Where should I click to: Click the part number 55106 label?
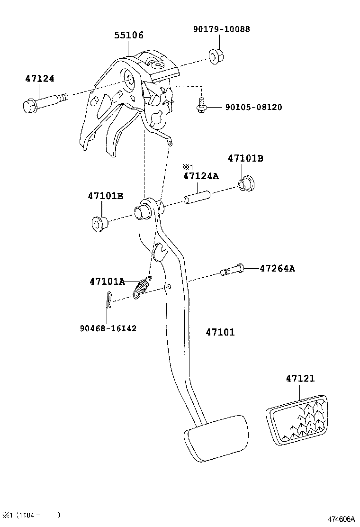click(128, 36)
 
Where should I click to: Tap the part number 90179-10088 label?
click(221, 29)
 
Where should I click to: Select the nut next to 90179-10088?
click(216, 56)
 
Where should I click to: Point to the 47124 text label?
click(40, 79)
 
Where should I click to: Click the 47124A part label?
click(201, 176)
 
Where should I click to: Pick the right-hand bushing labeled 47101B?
click(245, 183)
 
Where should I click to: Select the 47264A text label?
click(277, 268)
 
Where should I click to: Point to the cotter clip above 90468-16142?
click(108, 300)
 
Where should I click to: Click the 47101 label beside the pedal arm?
click(220, 332)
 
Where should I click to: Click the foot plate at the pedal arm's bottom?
click(215, 437)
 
